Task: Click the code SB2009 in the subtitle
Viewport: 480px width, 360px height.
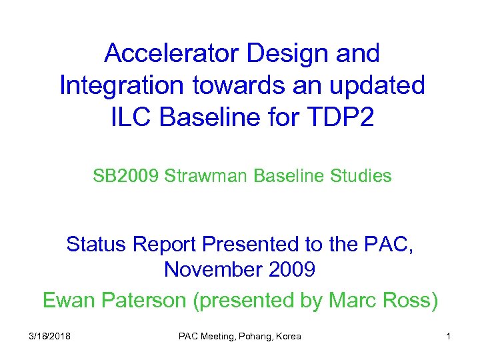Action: (x=127, y=176)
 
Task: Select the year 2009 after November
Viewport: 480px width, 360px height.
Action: (x=291, y=270)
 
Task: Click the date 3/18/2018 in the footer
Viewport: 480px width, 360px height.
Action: (x=50, y=337)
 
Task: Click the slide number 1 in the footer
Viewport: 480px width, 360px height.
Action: (x=448, y=337)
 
